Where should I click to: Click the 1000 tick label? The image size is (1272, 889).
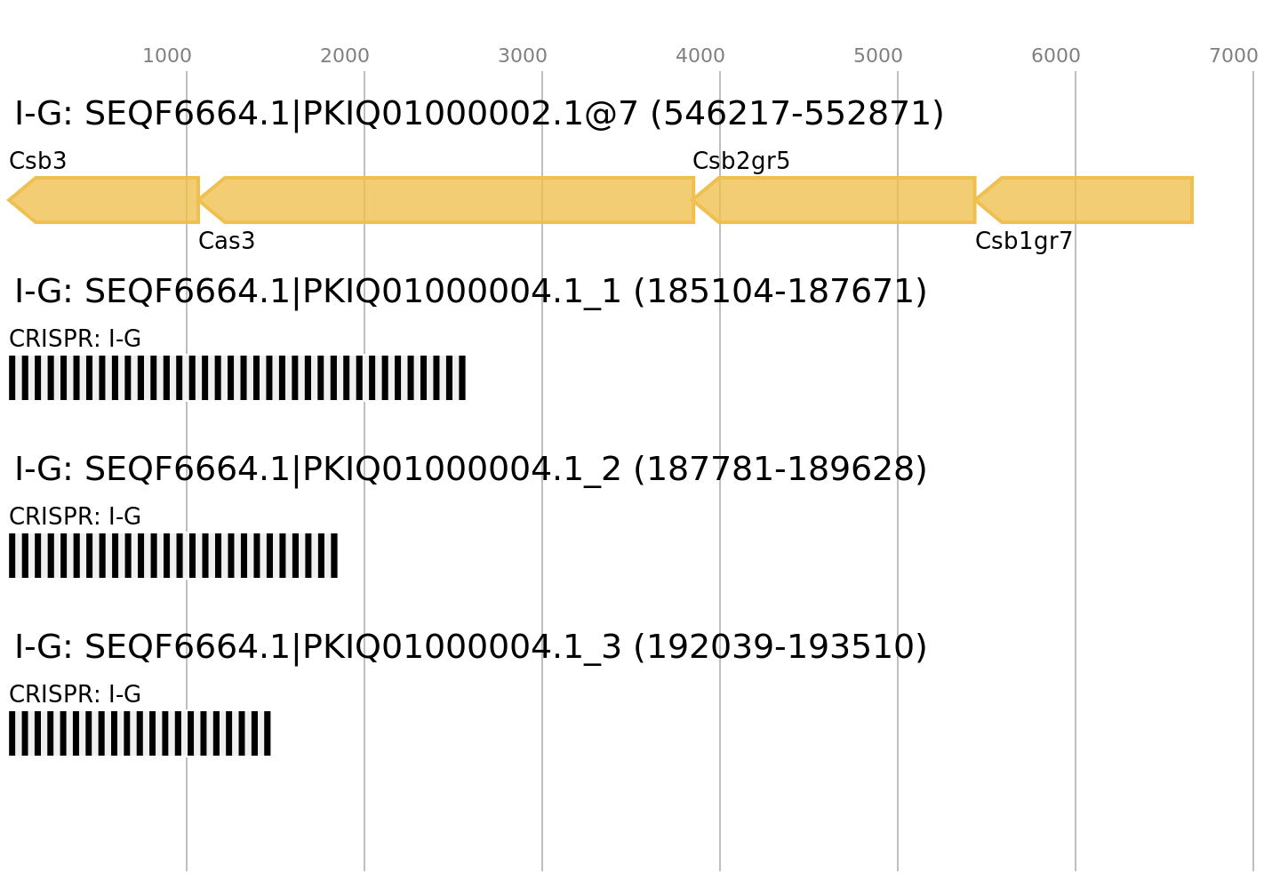[x=166, y=56]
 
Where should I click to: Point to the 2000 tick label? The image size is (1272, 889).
[x=344, y=56]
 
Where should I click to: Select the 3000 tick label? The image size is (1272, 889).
[x=522, y=56]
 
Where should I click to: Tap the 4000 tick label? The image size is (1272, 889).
[x=700, y=56]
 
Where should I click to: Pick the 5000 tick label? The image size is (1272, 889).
[x=877, y=56]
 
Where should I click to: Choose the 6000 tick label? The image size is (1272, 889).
[x=1055, y=56]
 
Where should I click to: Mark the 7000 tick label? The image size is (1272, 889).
[x=1233, y=56]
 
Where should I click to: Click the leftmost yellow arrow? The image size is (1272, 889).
[x=107, y=200]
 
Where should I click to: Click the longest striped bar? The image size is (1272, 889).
[x=237, y=378]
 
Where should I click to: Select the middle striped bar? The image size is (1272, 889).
[x=173, y=556]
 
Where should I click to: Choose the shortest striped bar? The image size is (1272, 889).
[x=140, y=733]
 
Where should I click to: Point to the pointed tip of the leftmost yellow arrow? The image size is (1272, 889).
[x=9, y=200]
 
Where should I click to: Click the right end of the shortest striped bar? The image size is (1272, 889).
[x=270, y=733]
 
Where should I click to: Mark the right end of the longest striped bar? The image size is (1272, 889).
[x=465, y=378]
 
